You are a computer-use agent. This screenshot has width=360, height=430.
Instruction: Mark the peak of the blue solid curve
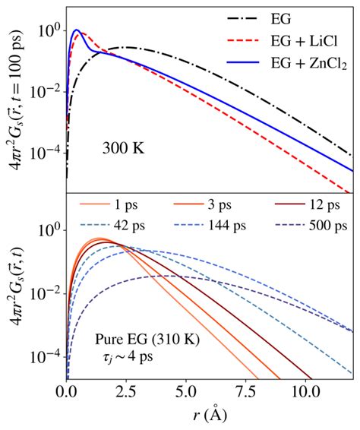[x=76, y=31]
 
